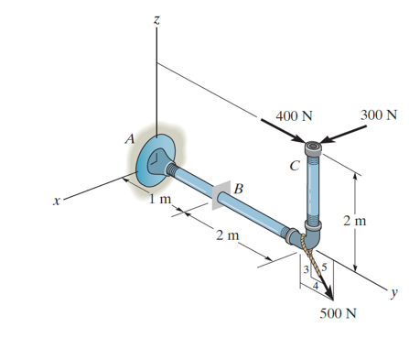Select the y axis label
click(394, 294)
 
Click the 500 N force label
click(339, 313)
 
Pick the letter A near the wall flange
click(131, 139)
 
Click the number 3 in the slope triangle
click(307, 267)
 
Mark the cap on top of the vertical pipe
click(313, 147)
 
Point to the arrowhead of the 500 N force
click(329, 295)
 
